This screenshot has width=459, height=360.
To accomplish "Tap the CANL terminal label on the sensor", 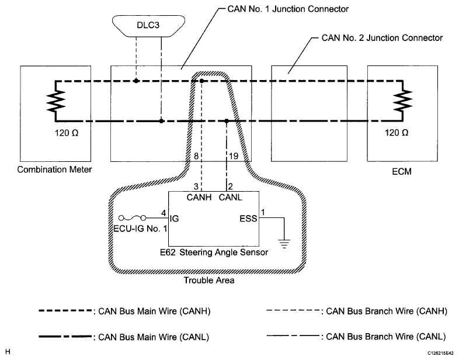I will pos(229,196).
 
